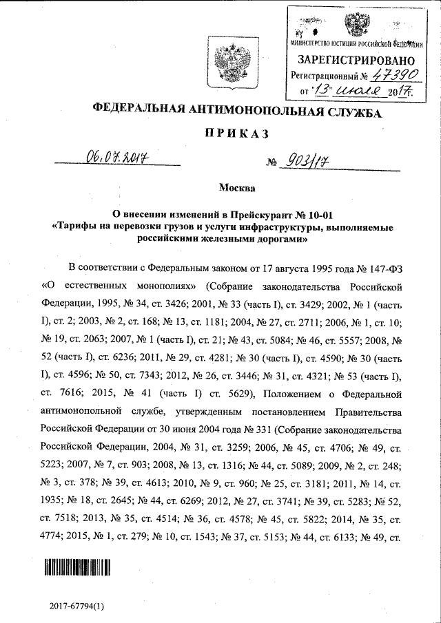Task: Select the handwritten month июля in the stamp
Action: pyautogui.click(x=358, y=89)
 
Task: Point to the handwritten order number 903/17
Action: pyautogui.click(x=304, y=161)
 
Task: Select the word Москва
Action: pyautogui.click(x=236, y=188)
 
